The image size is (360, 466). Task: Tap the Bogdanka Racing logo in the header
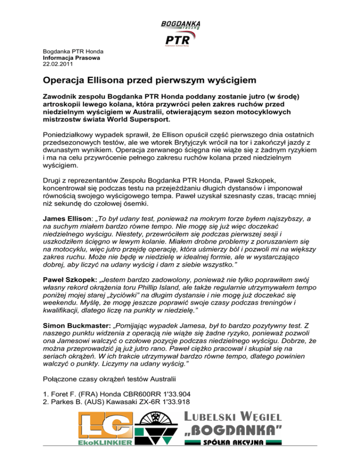[180, 24]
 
